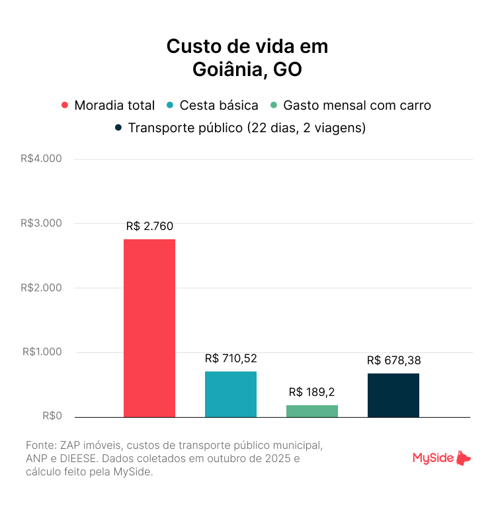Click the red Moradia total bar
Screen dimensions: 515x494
tap(149, 328)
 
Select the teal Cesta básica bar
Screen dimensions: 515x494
tap(231, 394)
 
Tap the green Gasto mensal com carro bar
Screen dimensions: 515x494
tap(312, 411)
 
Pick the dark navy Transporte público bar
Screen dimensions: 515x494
tap(393, 395)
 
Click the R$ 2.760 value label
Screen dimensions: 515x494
tap(149, 226)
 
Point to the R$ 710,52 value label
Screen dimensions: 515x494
tap(231, 358)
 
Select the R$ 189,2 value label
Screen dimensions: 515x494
tap(312, 392)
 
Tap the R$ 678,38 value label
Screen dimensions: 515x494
tap(394, 360)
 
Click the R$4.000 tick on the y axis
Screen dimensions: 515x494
tap(41, 159)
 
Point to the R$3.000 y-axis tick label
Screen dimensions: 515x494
tap(41, 223)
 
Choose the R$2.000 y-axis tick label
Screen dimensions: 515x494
tap(41, 288)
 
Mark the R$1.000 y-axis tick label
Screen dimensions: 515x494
tap(41, 352)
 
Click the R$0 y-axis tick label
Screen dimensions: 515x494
tap(52, 416)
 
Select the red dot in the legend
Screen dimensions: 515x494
tap(65, 106)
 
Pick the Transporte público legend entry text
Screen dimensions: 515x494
tap(247, 128)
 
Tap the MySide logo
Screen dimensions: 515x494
tap(442, 457)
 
